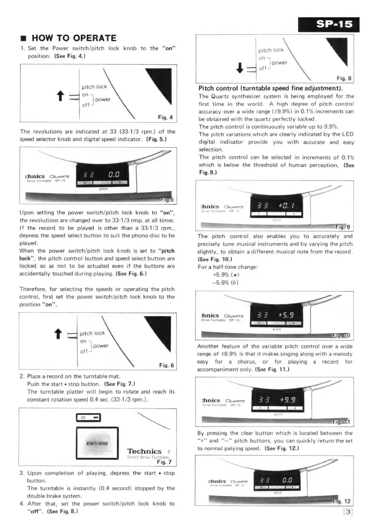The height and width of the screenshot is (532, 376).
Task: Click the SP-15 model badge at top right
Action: point(329,24)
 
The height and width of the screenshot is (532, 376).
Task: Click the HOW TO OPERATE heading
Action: point(74,38)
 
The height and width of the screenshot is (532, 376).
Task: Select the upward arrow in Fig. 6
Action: point(58,334)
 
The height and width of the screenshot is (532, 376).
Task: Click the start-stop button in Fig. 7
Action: point(97,443)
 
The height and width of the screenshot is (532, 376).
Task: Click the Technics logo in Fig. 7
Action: point(144,451)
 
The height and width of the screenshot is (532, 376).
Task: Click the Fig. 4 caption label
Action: point(165,118)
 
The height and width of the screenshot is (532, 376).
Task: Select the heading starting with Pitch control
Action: point(270,88)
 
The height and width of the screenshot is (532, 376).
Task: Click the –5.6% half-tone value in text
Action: point(221,282)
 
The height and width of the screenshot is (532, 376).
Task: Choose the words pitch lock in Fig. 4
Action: point(94,87)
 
